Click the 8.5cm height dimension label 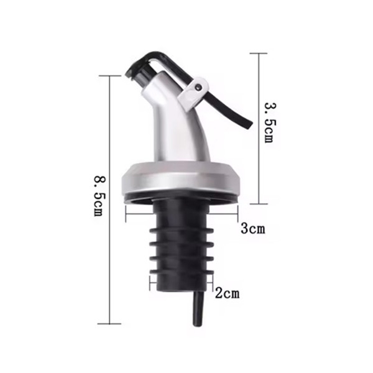98,195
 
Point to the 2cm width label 227,292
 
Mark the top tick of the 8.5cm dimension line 109,76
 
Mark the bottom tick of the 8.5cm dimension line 109,323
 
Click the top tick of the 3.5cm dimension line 258,53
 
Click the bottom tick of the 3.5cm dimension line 258,203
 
